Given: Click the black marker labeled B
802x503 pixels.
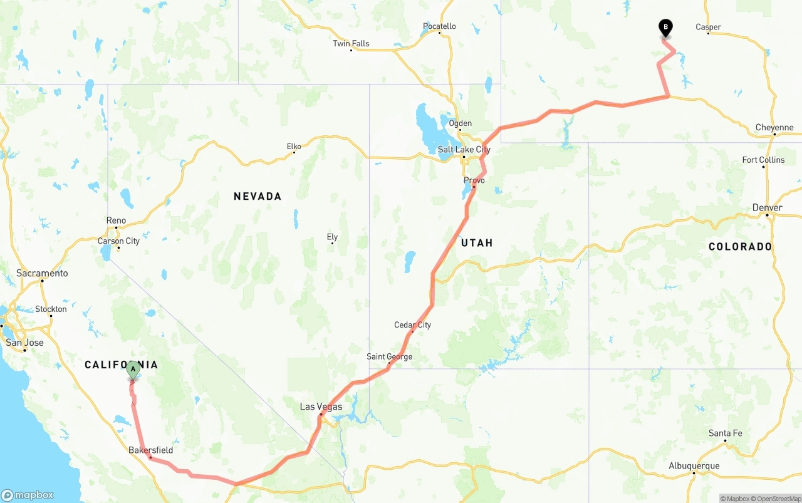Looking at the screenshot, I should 665,28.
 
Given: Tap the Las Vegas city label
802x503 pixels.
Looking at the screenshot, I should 321,407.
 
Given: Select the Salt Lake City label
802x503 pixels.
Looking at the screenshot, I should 464,150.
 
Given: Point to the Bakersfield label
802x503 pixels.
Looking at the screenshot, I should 150,450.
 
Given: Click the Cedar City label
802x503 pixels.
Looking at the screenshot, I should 412,324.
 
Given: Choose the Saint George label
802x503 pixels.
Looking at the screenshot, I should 389,356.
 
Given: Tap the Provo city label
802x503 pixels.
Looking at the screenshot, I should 474,180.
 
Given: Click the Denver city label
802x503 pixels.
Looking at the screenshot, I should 767,207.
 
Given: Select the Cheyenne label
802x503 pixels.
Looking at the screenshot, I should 774,127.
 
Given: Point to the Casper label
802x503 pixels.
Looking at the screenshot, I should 708,27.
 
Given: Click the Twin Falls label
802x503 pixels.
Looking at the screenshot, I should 351,43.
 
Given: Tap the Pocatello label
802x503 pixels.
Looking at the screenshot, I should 439,26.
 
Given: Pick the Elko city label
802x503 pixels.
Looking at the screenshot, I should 294,147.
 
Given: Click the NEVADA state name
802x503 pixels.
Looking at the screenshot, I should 258,197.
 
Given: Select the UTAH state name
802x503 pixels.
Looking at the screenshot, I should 477,243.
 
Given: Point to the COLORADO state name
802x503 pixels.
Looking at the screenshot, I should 740,247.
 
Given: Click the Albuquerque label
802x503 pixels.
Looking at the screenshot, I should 694,465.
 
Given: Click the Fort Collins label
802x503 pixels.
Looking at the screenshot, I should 763,160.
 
